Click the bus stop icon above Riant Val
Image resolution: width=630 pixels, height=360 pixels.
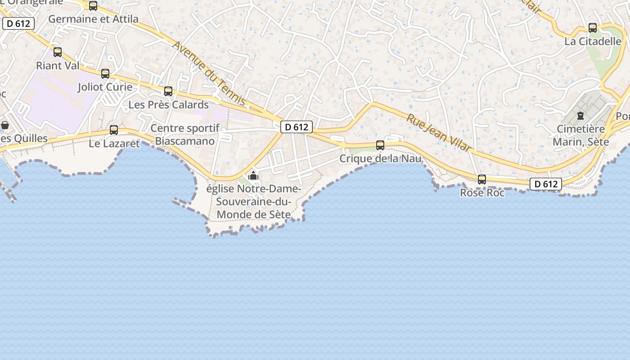(58, 52)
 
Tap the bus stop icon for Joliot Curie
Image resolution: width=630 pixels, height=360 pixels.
(105, 74)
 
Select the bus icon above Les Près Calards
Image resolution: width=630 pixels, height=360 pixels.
(168, 91)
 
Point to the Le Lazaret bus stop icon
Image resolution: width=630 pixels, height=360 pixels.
(114, 130)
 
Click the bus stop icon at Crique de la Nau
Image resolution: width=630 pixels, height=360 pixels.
(380, 145)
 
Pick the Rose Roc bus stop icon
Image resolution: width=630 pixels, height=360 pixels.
(482, 180)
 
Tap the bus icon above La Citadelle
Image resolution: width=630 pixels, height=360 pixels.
(593, 28)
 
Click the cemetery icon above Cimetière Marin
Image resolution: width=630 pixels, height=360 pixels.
(580, 116)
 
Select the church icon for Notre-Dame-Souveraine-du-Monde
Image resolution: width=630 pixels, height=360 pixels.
(253, 175)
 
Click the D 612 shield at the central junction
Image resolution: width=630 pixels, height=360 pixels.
(297, 127)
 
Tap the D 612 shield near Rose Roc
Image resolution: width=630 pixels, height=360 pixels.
(546, 184)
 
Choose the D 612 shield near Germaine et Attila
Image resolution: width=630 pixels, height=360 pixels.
(18, 24)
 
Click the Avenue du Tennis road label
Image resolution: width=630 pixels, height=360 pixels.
(210, 74)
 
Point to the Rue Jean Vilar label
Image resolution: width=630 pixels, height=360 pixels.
(439, 132)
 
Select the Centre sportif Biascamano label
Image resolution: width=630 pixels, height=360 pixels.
(185, 135)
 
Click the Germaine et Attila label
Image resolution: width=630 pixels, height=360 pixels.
(93, 19)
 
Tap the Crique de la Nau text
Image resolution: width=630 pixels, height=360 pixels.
(380, 158)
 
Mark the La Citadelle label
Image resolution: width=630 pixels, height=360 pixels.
(593, 41)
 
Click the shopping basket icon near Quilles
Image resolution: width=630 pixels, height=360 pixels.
(5, 125)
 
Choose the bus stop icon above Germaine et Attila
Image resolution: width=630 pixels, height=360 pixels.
(93, 6)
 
